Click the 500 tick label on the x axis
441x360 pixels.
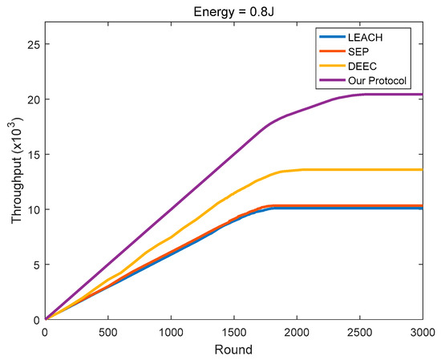108,331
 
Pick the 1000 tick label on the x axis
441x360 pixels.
171,331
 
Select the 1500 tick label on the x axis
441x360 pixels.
234,331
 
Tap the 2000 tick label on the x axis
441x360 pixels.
297,331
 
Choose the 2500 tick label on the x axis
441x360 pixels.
360,331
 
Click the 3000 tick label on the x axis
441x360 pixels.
422,331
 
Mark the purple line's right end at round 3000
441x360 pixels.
423,95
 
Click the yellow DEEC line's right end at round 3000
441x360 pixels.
423,169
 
